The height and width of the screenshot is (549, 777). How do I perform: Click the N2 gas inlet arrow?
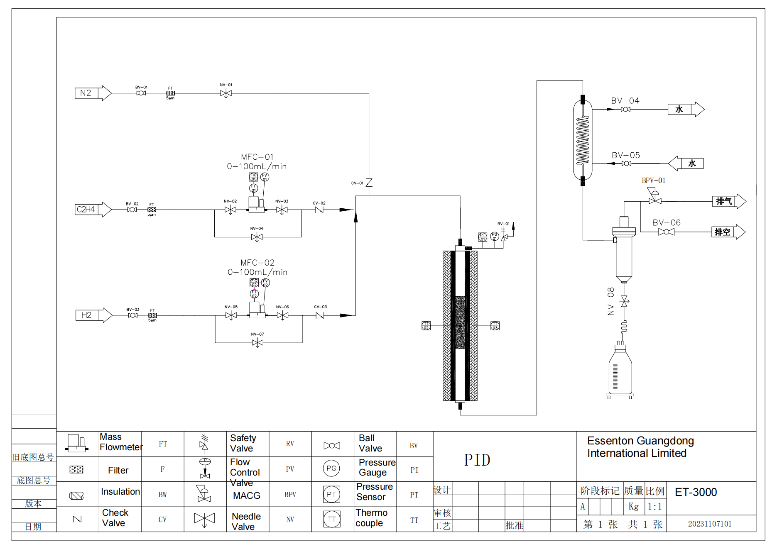point(93,93)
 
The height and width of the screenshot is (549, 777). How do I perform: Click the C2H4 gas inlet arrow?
point(93,210)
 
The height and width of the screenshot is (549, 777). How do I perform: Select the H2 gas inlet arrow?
point(94,315)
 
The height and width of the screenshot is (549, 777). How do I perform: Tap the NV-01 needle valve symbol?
point(226,93)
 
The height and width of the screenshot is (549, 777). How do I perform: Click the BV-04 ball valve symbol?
point(625,110)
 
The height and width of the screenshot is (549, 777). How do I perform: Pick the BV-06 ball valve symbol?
point(666,232)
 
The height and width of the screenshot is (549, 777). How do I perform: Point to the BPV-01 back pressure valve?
point(655,198)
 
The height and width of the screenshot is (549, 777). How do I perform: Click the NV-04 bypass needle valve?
point(257,237)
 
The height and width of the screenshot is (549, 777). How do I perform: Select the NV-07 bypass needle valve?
point(257,343)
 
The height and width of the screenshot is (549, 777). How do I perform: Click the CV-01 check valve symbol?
point(369,183)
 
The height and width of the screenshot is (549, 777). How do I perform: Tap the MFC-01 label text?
point(257,157)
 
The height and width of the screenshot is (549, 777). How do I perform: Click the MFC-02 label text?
point(257,263)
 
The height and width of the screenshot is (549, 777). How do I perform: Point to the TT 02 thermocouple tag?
point(426,326)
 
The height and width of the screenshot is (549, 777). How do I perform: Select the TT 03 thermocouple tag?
point(495,326)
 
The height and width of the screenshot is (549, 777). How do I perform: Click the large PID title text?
point(477,460)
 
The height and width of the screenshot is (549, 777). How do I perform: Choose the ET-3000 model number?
point(696,492)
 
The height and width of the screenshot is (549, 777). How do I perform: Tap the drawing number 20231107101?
point(709,524)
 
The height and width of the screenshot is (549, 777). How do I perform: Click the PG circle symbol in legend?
point(331,468)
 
